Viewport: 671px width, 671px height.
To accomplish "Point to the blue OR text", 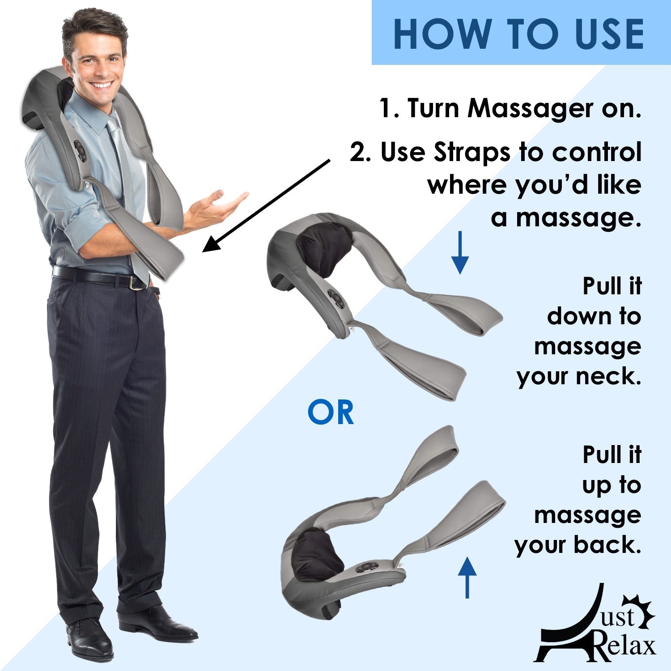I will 331,413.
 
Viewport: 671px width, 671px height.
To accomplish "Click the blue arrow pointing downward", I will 459,253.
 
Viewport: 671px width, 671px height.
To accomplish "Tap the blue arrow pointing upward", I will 467,577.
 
